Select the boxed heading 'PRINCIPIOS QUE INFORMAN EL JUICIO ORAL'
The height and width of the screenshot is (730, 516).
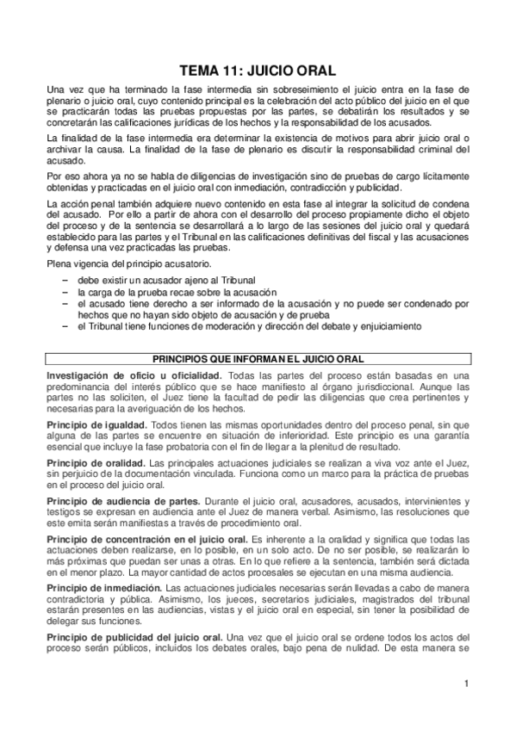[x=257, y=357]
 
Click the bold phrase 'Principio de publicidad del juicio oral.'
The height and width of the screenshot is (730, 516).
[x=134, y=637]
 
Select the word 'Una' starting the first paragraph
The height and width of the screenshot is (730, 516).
[x=55, y=90]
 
